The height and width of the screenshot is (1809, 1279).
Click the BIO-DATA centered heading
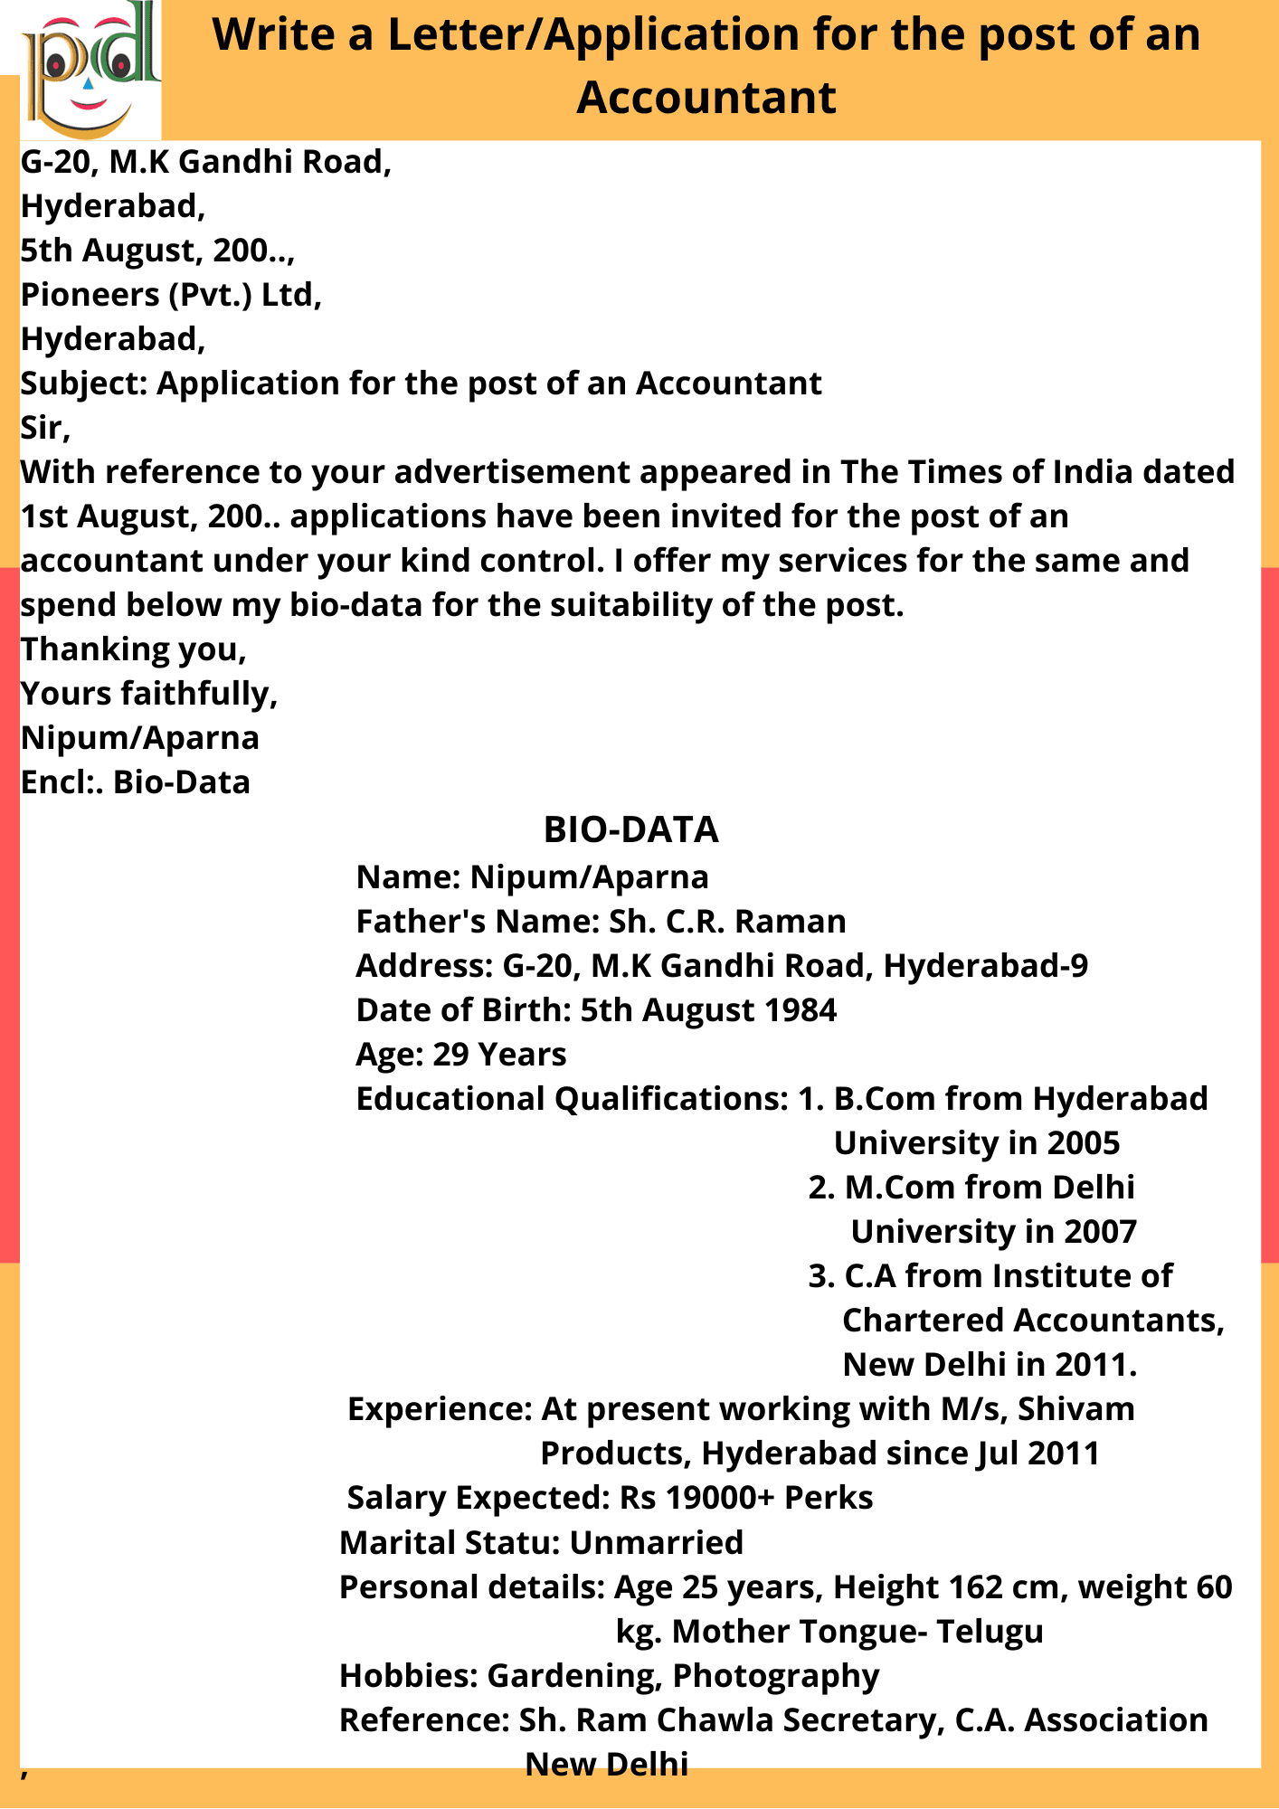click(x=630, y=829)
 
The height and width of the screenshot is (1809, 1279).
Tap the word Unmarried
click(x=656, y=1542)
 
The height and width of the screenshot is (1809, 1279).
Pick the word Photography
click(x=776, y=1675)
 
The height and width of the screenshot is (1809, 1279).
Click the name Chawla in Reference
click(x=704, y=1719)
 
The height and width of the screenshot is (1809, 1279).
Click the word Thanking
click(x=95, y=649)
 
